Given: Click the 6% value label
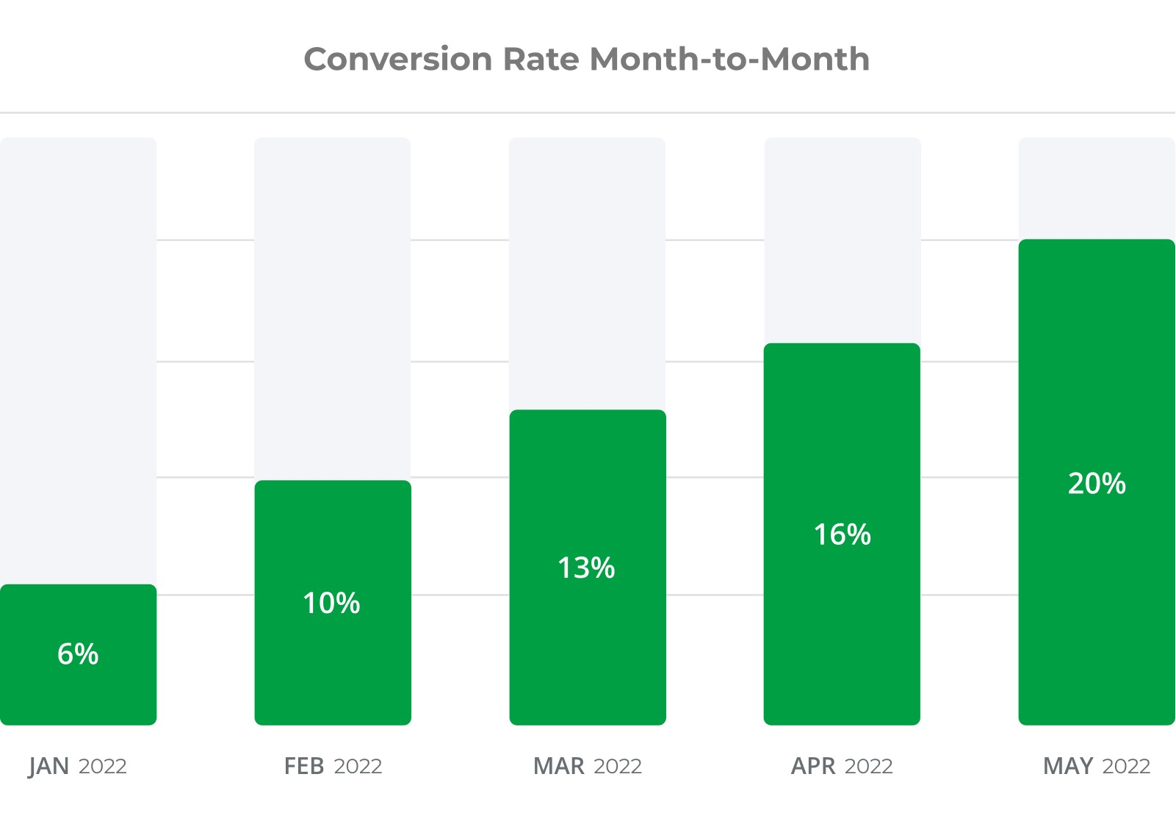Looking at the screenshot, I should tap(78, 654).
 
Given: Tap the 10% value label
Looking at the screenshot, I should tap(332, 604).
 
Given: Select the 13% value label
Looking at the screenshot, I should tap(586, 568).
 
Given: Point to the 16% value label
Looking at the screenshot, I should tap(842, 535).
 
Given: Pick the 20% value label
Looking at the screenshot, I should tap(1097, 484).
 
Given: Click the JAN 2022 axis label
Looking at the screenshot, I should tap(78, 767).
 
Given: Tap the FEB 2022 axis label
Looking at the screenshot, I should tap(333, 767).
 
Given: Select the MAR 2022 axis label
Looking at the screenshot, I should tap(587, 767).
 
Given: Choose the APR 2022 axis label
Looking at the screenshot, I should tap(842, 767).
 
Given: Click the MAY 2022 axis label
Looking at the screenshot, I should tap(1097, 767).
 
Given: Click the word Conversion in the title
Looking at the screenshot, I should tap(398, 60).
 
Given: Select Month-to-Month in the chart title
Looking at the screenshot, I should tap(729, 60).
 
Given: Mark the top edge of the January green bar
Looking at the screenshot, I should tap(78, 586).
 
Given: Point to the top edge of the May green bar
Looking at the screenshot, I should tap(1097, 240).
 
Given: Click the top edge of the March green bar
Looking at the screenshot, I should tap(587, 411).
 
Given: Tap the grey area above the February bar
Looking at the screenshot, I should tap(333, 309).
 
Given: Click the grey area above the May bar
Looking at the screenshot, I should tap(1097, 188).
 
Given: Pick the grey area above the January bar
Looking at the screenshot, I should tap(78, 360).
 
